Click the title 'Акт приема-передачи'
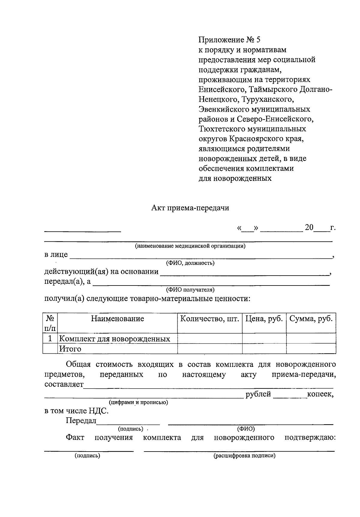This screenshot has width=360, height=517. [x=190, y=208]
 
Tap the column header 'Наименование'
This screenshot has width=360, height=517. [x=117, y=319]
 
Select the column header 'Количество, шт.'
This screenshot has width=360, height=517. [x=210, y=319]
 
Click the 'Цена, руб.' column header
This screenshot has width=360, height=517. [x=264, y=319]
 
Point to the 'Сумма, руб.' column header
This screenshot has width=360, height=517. [x=311, y=319]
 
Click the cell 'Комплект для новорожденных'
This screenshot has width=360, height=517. [x=114, y=339]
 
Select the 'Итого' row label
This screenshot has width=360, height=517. [x=70, y=349]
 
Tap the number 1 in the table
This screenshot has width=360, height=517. [x=50, y=339]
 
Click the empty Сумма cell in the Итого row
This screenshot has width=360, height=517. [x=311, y=349]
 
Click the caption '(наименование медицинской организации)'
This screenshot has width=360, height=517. [x=190, y=246]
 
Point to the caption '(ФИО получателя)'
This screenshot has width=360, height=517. [x=190, y=290]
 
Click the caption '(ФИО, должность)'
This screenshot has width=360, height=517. [x=190, y=263]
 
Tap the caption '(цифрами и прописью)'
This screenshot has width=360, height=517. [x=138, y=402]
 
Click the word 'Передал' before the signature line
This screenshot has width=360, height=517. [x=81, y=421]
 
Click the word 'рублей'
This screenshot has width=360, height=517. [x=258, y=394]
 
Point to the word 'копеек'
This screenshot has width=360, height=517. [x=320, y=394]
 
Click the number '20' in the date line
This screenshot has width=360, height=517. [x=309, y=228]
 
